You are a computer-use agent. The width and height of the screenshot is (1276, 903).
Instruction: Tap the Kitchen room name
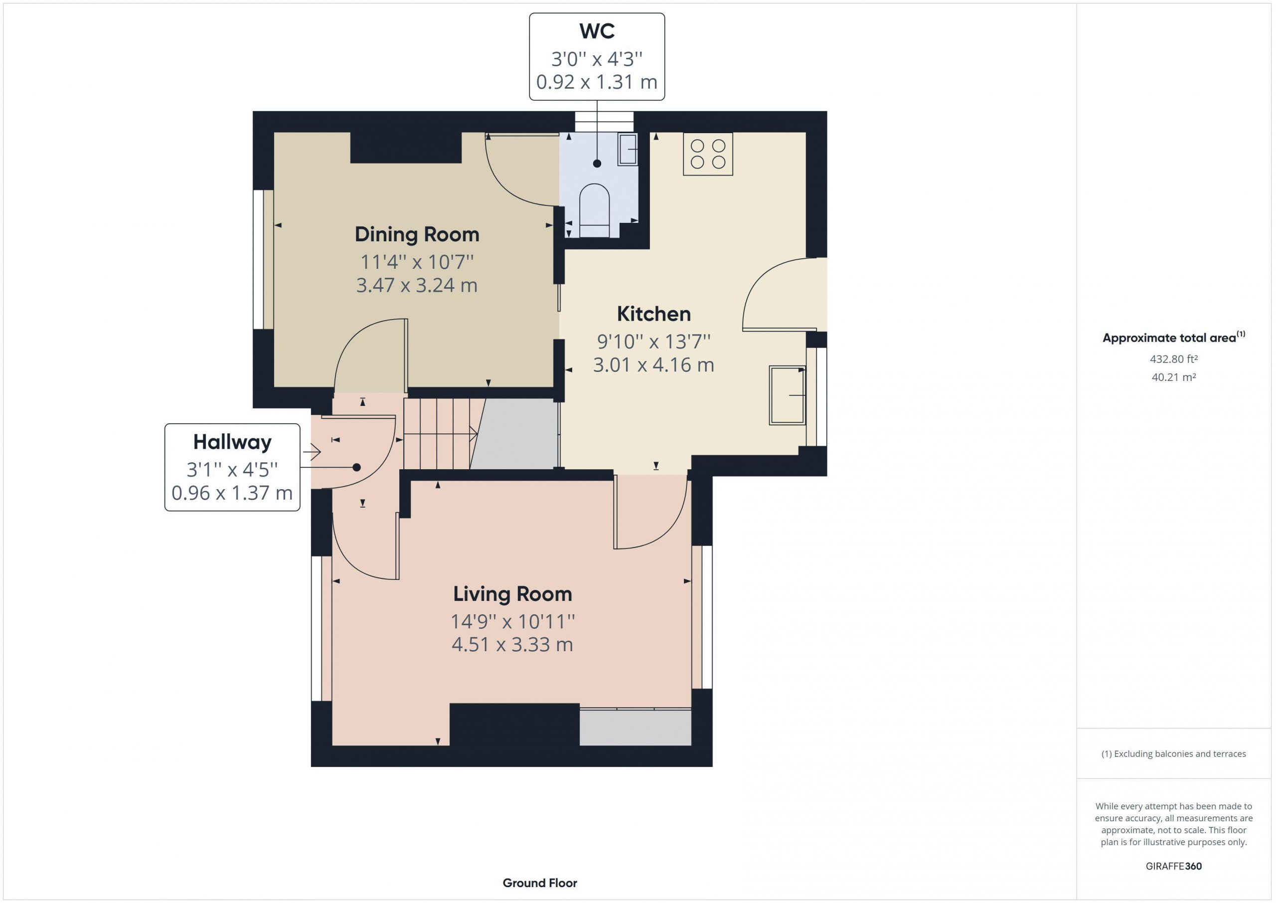(x=653, y=314)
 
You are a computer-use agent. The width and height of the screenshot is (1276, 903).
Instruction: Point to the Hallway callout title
(x=232, y=443)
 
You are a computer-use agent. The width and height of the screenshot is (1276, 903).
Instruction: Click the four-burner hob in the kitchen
(x=708, y=154)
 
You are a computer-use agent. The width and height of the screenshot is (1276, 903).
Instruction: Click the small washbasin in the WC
(x=628, y=149)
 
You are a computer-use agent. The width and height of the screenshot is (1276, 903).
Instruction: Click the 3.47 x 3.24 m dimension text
(x=417, y=285)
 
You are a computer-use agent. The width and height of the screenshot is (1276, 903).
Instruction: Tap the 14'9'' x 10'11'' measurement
(x=512, y=621)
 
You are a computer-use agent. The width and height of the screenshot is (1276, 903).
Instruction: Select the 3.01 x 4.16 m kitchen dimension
(x=653, y=365)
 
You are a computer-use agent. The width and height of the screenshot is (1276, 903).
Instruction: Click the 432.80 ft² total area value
(x=1174, y=359)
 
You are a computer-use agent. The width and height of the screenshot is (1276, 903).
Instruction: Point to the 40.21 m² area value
(x=1174, y=377)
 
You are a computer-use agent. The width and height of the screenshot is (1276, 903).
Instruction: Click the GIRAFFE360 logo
(x=1174, y=866)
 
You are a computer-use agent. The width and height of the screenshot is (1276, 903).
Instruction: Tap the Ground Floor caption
(x=540, y=883)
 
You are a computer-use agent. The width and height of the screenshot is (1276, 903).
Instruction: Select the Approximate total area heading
(x=1174, y=337)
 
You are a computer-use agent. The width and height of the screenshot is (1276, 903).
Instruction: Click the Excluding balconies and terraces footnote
(x=1174, y=754)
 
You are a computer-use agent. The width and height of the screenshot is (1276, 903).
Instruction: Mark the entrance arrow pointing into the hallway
(x=312, y=452)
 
